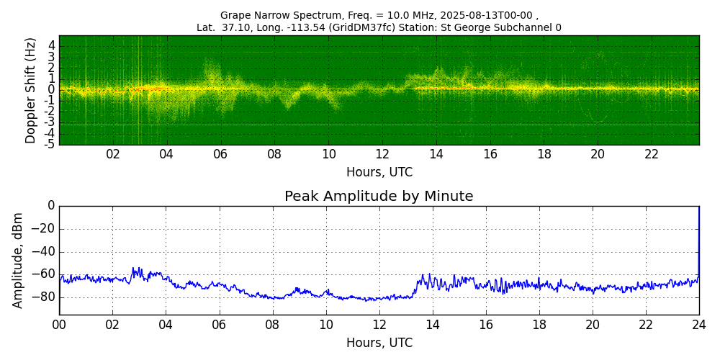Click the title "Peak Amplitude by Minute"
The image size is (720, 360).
pos(379,197)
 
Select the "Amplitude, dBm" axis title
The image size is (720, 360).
pos(17,260)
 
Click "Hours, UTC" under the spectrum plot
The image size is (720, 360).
pos(379,173)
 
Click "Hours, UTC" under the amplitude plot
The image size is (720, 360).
pos(379,343)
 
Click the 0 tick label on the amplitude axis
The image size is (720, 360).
pos(52,207)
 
